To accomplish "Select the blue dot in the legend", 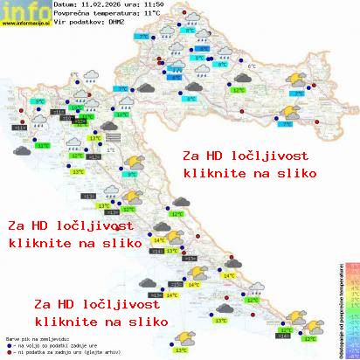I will point(8,343).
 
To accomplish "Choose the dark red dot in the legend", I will point(8,351).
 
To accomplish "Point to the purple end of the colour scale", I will point(351,353).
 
